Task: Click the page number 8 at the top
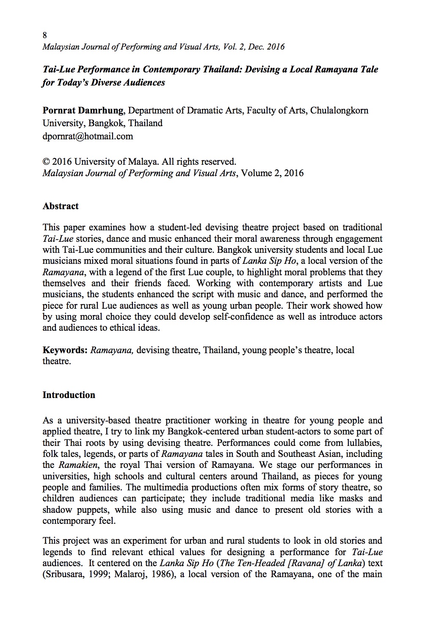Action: pyautogui.click(x=45, y=35)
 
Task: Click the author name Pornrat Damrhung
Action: pyautogui.click(x=83, y=111)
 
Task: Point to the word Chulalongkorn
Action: pyautogui.click(x=339, y=111)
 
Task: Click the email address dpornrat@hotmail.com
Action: pyautogui.click(x=88, y=136)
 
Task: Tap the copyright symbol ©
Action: pyautogui.click(x=46, y=162)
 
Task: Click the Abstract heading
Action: pyautogui.click(x=61, y=206)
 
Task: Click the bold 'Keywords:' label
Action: pyautogui.click(x=65, y=350)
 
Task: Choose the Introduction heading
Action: pyautogui.click(x=69, y=395)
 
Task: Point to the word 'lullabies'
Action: pyautogui.click(x=362, y=443)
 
